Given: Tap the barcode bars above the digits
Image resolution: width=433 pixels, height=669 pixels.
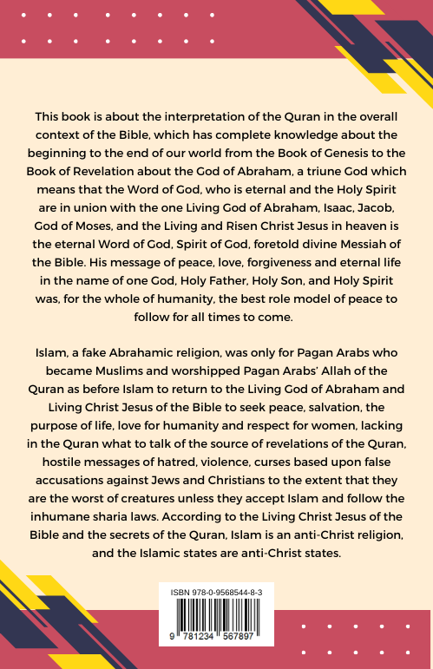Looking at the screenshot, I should click(x=217, y=614).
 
